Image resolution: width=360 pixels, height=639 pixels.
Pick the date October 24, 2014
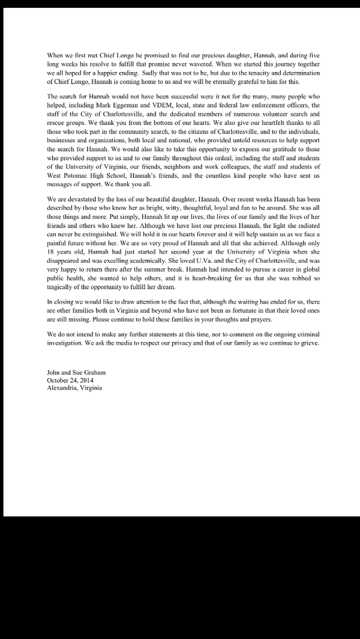point(70,380)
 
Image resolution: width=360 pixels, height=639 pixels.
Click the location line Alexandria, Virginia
point(74,388)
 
